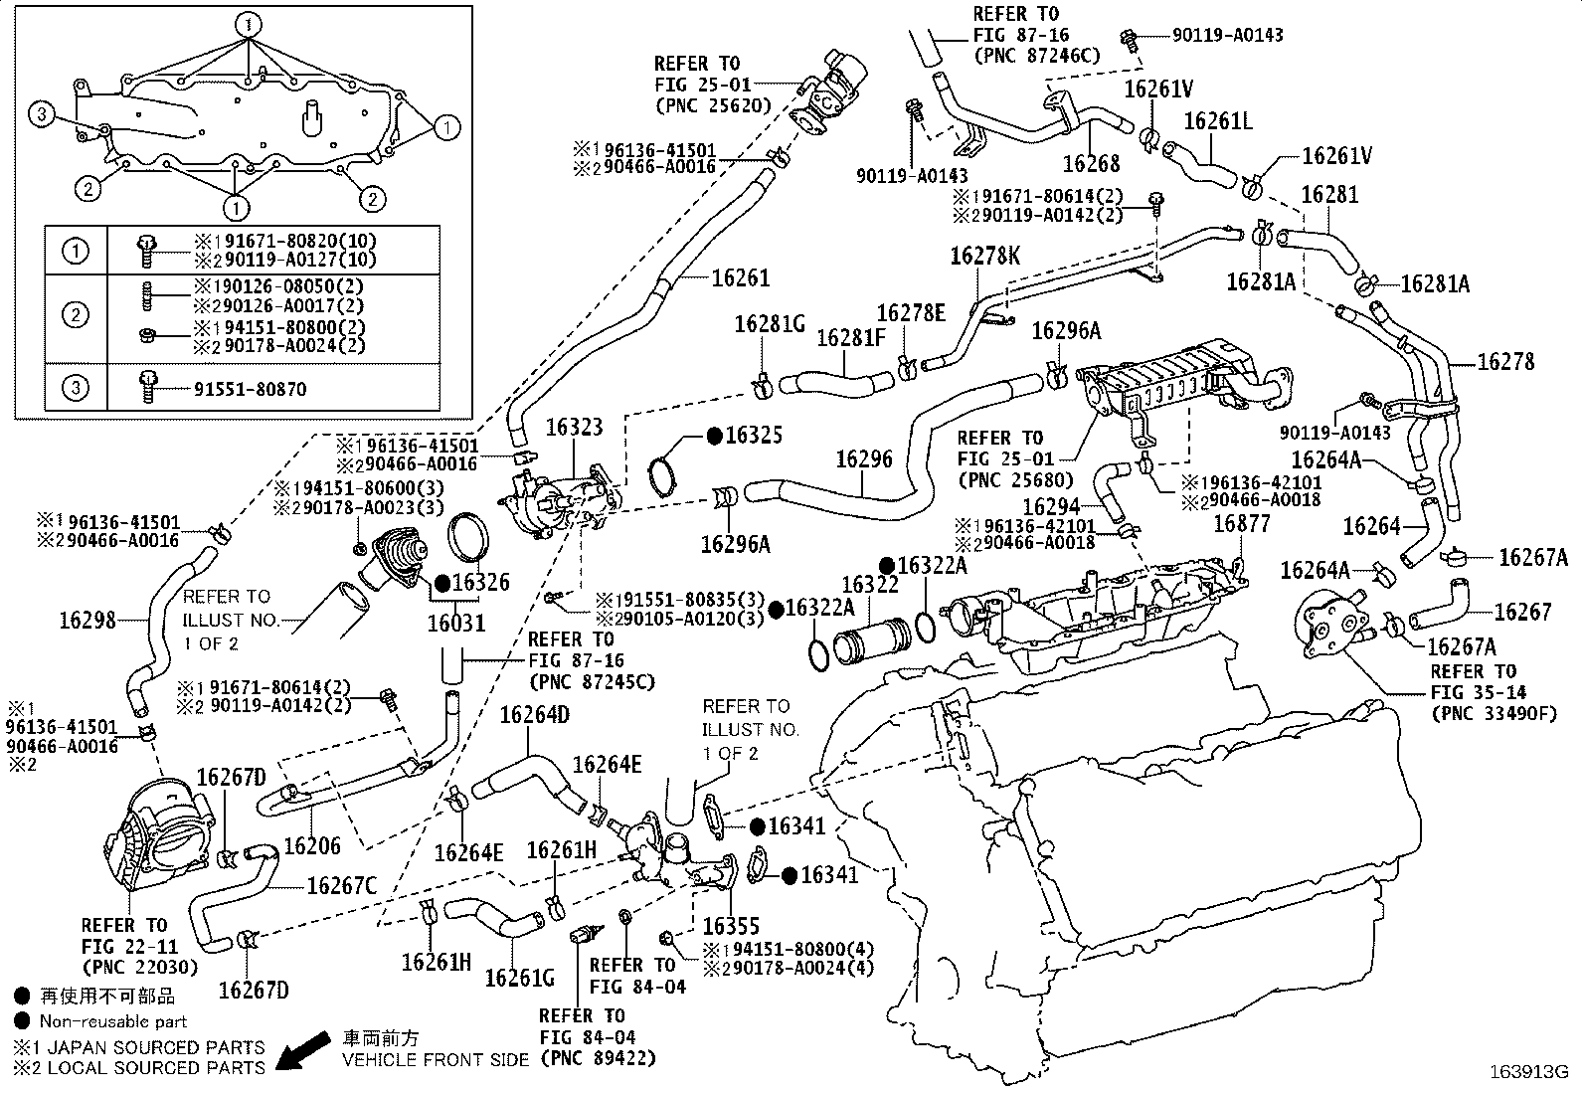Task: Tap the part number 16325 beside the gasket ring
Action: click(x=753, y=436)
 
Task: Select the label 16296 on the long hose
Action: click(x=864, y=459)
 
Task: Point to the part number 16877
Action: click(x=1242, y=523)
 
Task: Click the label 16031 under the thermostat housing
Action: click(x=456, y=624)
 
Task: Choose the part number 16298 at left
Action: click(x=88, y=620)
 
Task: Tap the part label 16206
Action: click(x=312, y=846)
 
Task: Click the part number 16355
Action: click(x=731, y=926)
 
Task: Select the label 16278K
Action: click(x=985, y=256)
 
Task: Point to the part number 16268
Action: click(x=1091, y=163)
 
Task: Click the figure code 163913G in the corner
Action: click(x=1527, y=1072)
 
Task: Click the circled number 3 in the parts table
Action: click(x=77, y=389)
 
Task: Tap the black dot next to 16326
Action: click(x=441, y=583)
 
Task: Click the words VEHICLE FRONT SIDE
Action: click(x=437, y=1060)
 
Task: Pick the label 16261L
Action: click(x=1218, y=121)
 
